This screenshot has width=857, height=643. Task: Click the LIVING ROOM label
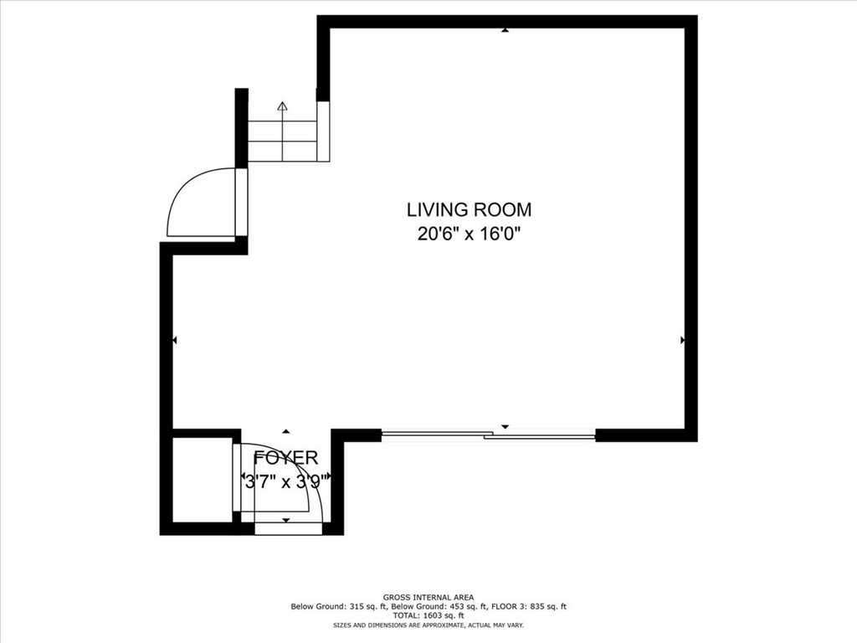(x=469, y=209)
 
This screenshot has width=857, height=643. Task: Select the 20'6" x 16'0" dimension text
(x=468, y=234)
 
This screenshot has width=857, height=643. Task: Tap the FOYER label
(x=286, y=457)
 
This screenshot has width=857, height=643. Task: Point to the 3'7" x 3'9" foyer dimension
(x=286, y=481)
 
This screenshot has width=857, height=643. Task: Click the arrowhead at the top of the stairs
(x=282, y=106)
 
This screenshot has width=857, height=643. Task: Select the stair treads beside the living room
(x=282, y=141)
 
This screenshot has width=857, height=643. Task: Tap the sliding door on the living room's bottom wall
(x=488, y=435)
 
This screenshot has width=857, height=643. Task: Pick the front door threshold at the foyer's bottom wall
(x=288, y=528)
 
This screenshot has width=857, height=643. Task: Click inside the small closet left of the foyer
(x=203, y=480)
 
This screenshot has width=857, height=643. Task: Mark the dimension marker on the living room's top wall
(x=505, y=31)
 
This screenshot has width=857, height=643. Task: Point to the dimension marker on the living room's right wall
(x=682, y=340)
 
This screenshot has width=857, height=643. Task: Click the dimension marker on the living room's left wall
(x=175, y=341)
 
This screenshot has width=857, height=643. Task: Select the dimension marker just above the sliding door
(x=505, y=426)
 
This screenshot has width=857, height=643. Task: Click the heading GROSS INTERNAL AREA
(x=428, y=598)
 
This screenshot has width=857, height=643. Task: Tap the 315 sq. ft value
(x=368, y=606)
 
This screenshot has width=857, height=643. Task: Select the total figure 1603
(x=430, y=615)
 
